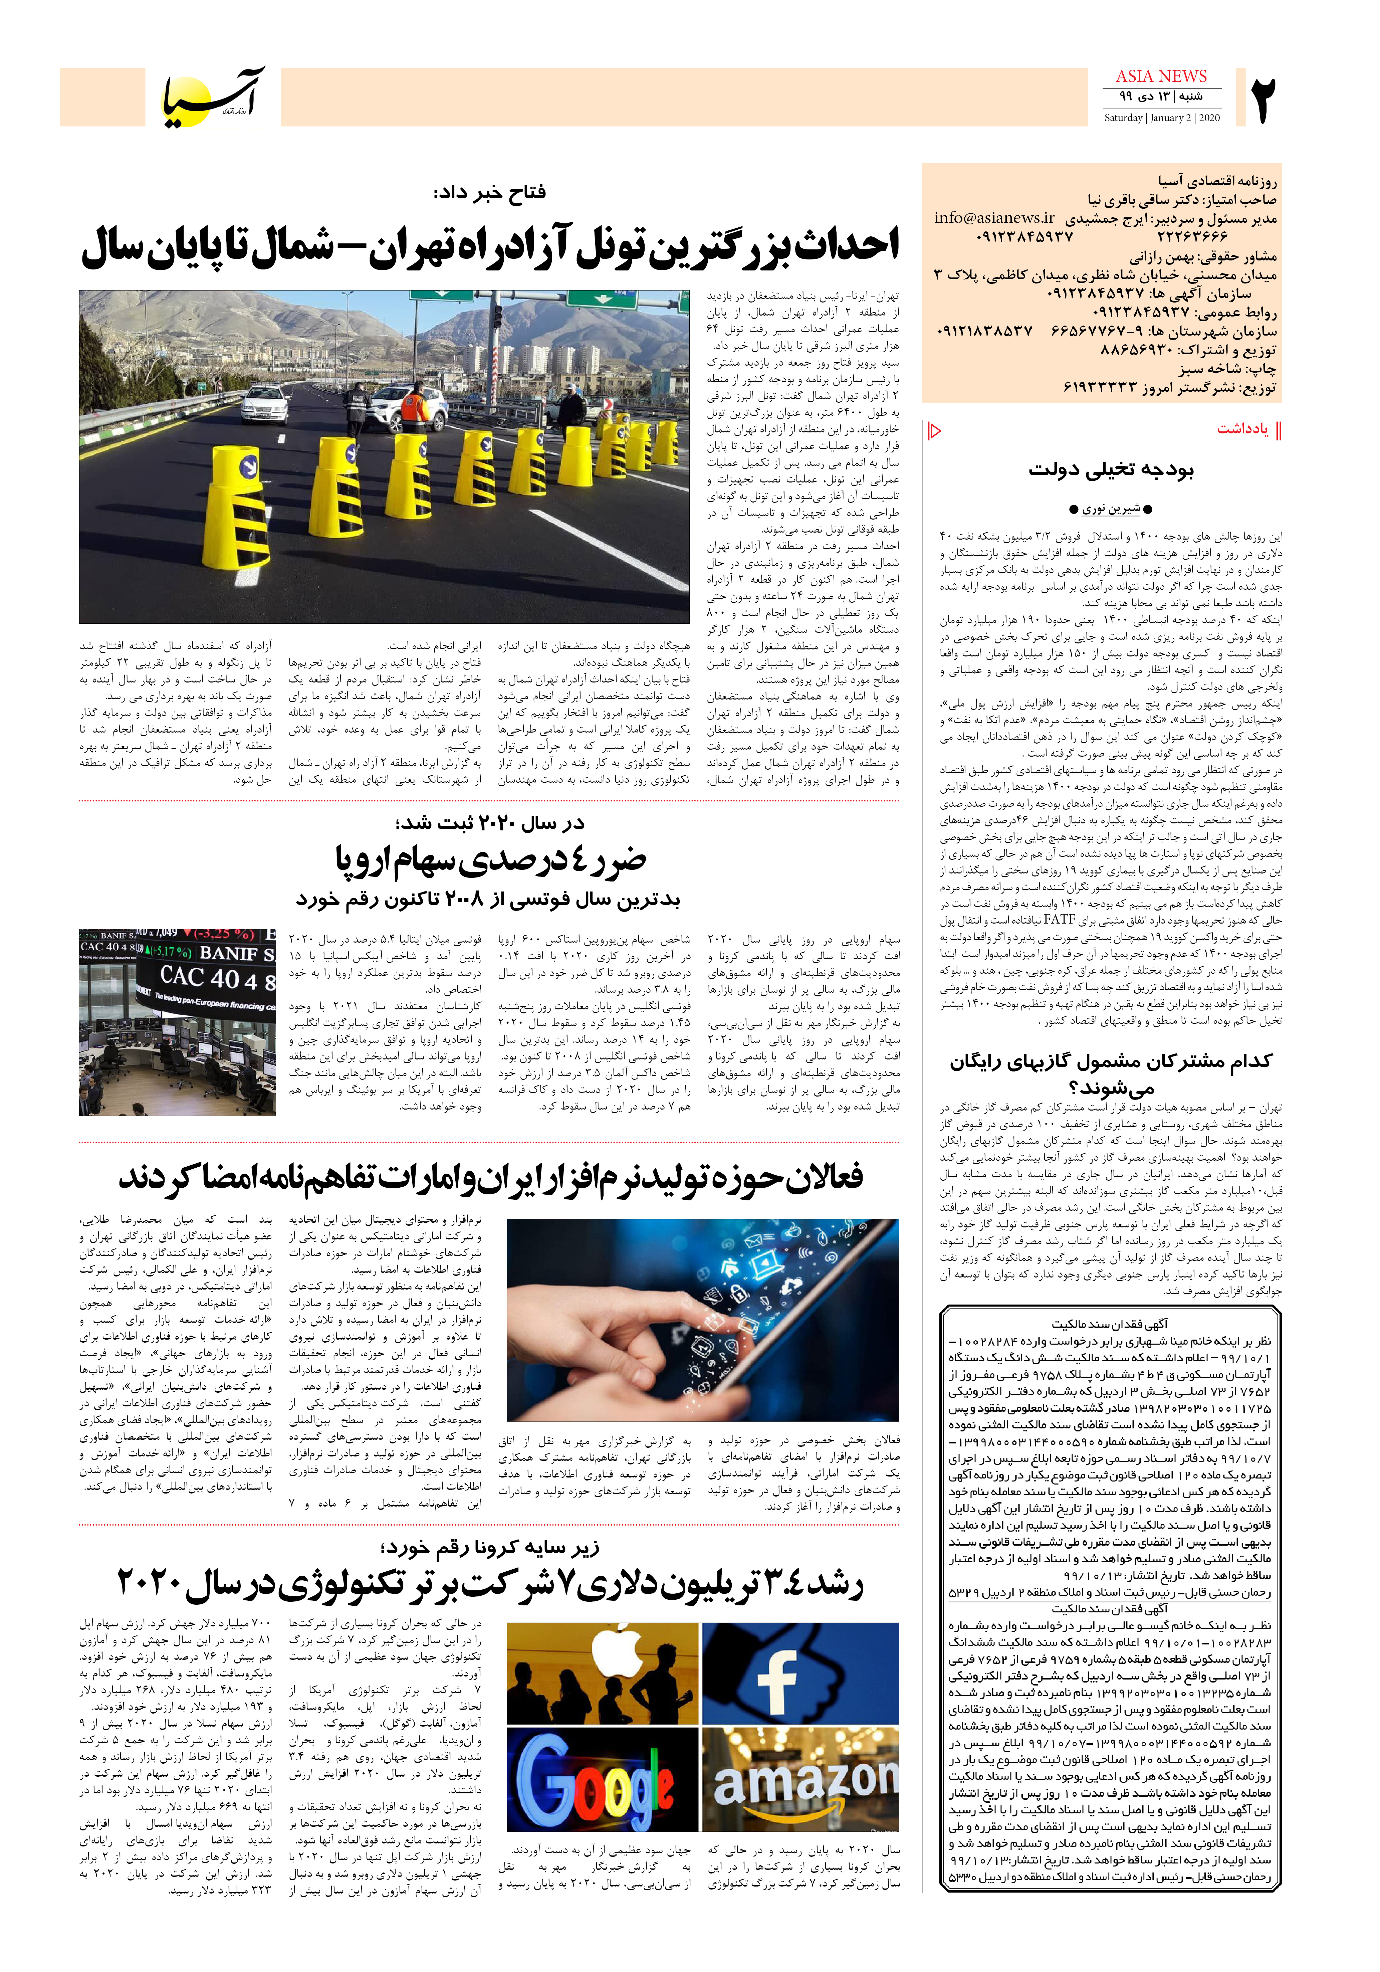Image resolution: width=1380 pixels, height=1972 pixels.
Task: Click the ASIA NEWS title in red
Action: tap(1161, 76)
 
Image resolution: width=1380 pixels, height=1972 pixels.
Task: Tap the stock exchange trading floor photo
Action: tap(177, 1022)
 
